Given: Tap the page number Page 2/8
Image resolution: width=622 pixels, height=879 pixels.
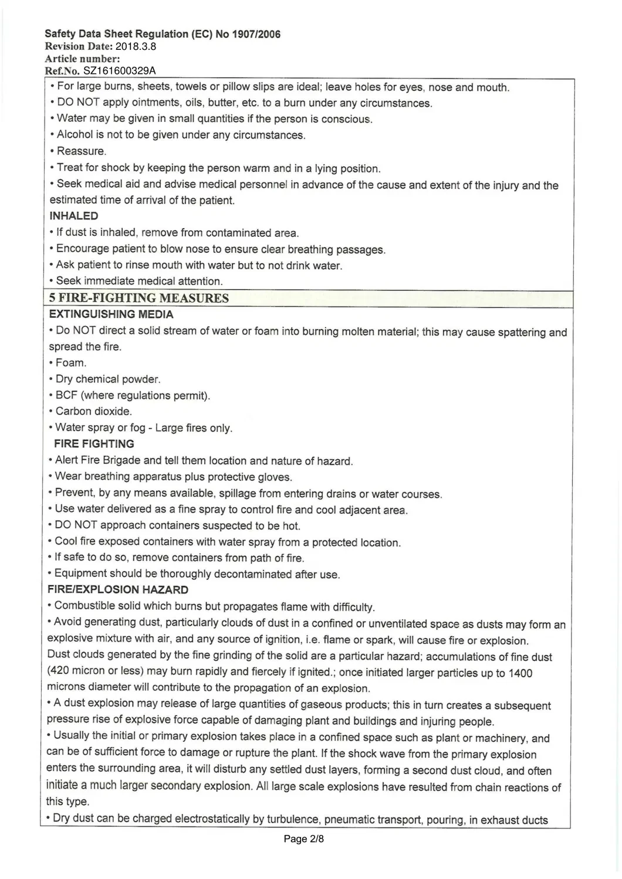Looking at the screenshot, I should coord(304,839).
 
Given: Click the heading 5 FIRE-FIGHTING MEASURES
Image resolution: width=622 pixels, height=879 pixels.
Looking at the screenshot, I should coord(139,298).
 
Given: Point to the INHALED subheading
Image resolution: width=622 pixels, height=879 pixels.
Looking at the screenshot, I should coord(74,216).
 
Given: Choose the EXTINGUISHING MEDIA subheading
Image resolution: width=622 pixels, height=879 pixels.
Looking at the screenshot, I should coord(111,314).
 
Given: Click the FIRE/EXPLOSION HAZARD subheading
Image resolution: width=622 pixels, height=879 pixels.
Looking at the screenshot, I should coord(118,590).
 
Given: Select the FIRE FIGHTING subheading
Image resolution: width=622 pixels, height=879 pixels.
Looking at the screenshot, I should coord(94,444).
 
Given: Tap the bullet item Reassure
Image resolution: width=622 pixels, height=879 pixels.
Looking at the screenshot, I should coord(82,151).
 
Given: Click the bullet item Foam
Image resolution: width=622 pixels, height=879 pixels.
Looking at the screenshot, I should coord(71,363).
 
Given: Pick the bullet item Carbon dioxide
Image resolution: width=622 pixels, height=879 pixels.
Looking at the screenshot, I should coord(94,411).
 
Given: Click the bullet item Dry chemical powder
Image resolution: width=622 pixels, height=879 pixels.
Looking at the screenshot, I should coord(108,379).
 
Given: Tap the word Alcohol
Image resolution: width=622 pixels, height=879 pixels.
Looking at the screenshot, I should coord(75,135).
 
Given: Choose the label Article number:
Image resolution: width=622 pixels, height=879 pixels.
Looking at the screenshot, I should coord(83,59).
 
